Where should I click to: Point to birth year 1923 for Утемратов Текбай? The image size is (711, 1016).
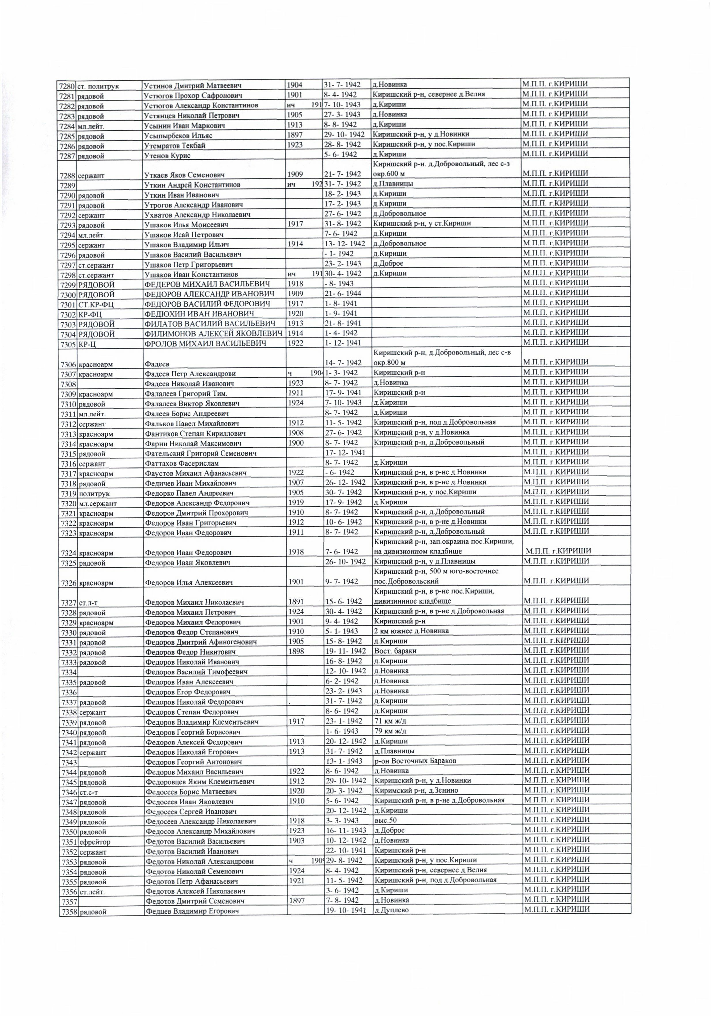[295, 145]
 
